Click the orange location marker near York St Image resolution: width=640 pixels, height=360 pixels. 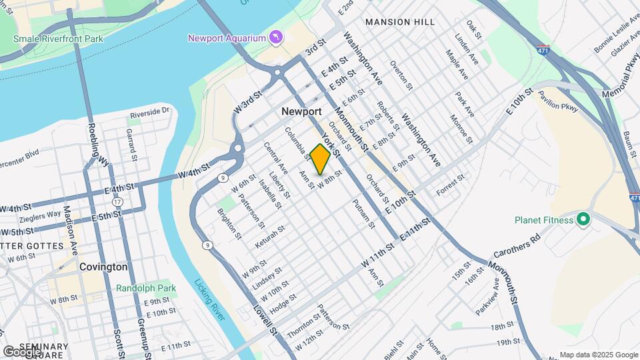coord(320,159)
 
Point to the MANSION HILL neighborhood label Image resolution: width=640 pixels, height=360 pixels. coord(400,22)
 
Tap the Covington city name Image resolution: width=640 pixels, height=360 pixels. coord(103,267)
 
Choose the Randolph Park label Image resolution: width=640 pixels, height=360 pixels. coord(146,289)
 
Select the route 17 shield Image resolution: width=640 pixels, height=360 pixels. coord(117,201)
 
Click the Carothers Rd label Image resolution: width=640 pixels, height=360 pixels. coord(517,245)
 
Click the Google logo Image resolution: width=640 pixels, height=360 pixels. coord(22,351)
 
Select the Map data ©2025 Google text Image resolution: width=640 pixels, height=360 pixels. coord(598,355)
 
